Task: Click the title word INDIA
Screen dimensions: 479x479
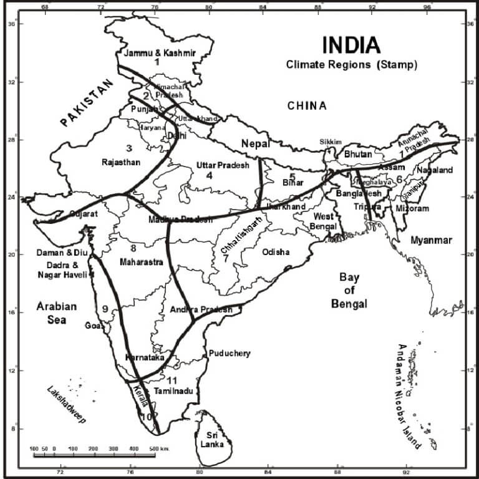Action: point(351,46)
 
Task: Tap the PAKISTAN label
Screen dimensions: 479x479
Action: point(89,104)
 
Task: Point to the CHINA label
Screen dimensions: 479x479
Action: point(307,106)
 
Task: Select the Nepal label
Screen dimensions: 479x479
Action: point(256,144)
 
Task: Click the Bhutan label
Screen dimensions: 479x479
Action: point(358,154)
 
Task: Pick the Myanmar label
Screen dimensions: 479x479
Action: point(432,240)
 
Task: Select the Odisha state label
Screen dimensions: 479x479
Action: point(276,252)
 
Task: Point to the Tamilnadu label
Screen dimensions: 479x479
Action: point(178,391)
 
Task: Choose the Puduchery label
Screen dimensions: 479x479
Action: point(230,354)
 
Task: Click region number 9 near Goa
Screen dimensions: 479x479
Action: point(105,308)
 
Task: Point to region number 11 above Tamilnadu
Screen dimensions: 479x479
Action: point(173,380)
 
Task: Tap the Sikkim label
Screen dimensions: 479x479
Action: point(331,142)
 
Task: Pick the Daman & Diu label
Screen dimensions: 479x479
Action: point(62,254)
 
